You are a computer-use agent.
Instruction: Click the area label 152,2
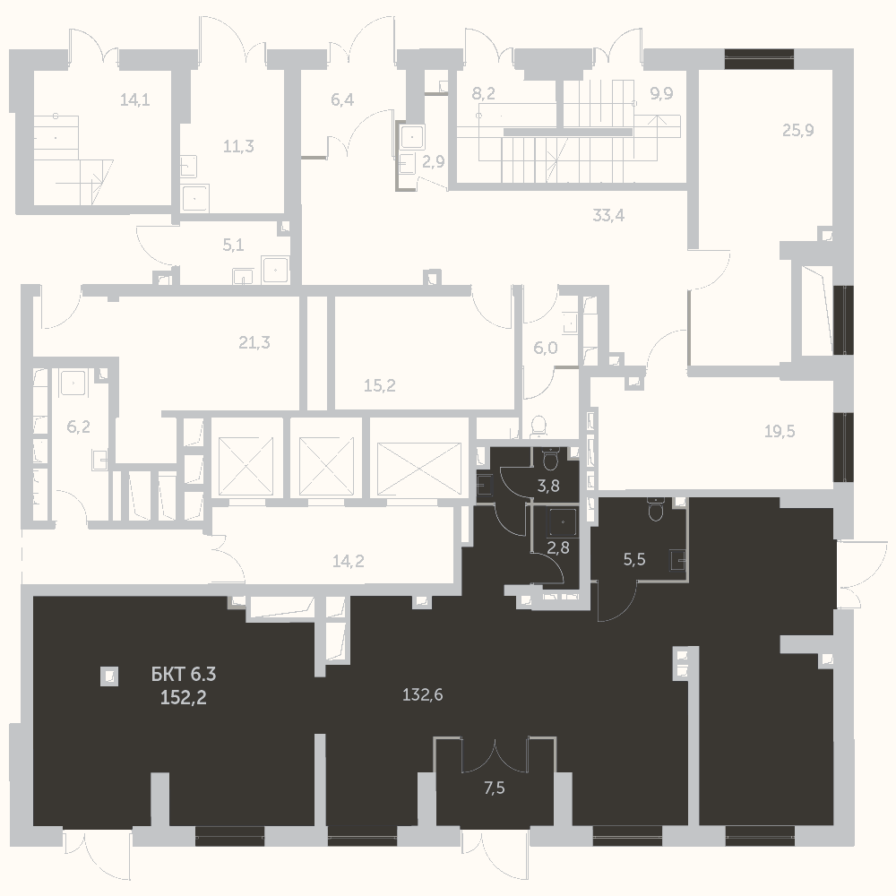184,698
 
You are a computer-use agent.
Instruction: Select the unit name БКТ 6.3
184,675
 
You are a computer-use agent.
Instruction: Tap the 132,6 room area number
423,695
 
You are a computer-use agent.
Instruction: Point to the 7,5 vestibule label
495,788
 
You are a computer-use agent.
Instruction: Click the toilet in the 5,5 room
656,510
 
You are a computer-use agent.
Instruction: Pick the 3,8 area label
548,487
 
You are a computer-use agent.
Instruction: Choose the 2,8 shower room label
558,547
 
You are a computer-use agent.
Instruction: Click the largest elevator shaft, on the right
419,469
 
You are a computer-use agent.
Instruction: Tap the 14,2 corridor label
348,561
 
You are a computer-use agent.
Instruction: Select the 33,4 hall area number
608,215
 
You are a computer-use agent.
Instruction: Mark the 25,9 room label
798,130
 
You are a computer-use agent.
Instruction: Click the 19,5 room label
780,431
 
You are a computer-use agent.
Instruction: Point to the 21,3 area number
254,342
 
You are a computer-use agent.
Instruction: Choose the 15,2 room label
380,385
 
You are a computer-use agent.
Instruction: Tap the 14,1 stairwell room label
135,100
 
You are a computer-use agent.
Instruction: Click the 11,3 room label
238,146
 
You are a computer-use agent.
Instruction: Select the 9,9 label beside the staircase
662,93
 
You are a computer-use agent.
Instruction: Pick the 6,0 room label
546,348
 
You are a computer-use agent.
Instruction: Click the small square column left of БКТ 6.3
109,676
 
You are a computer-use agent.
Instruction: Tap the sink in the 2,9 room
411,137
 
